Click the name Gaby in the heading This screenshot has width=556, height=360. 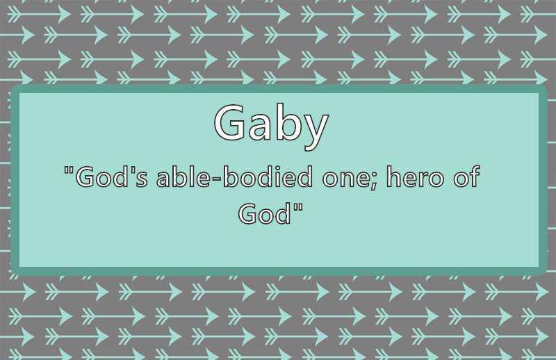[x=271, y=125]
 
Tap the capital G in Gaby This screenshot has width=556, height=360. [x=229, y=122]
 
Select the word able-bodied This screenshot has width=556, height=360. [x=234, y=177]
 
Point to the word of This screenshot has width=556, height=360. [x=466, y=177]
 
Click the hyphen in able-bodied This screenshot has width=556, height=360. [x=216, y=179]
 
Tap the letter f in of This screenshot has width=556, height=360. [x=475, y=177]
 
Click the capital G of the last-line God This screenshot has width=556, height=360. [x=247, y=213]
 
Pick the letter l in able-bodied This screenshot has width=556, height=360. [x=192, y=177]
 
